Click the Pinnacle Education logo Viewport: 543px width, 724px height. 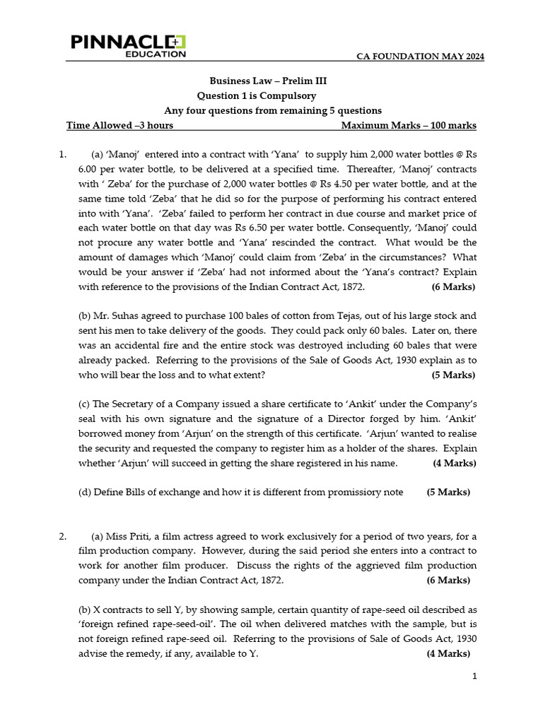pyautogui.click(x=128, y=45)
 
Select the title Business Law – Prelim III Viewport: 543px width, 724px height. pyautogui.click(x=268, y=81)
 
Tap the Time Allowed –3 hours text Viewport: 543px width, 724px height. pyautogui.click(x=119, y=125)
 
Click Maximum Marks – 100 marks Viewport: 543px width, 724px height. pyautogui.click(x=409, y=125)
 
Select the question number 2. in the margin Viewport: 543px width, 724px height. pyautogui.click(x=63, y=537)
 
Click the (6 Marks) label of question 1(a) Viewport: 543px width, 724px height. pyautogui.click(x=452, y=287)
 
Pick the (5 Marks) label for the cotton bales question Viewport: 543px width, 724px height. pyautogui.click(x=453, y=375)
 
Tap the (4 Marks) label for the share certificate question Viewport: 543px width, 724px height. pyautogui.click(x=454, y=463)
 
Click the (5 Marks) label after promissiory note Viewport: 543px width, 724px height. pyautogui.click(x=448, y=492)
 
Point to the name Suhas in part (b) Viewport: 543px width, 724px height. pyautogui.click(x=118, y=316)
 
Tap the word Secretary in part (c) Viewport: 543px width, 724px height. pyautogui.click(x=136, y=404)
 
